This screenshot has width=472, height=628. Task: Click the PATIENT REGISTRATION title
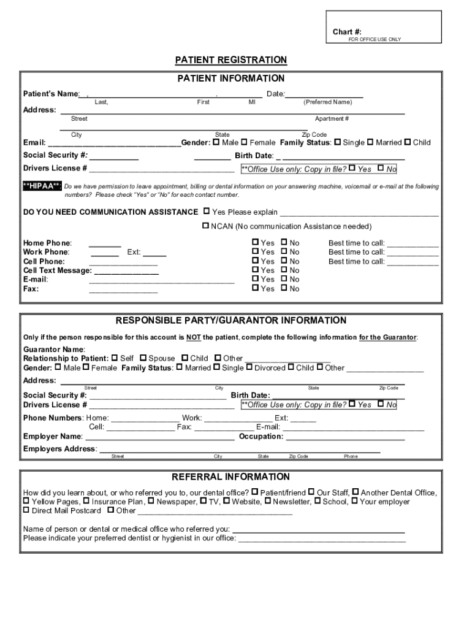(x=231, y=60)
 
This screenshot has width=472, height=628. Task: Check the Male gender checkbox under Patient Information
(x=216, y=142)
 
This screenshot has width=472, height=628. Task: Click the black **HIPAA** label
(x=42, y=186)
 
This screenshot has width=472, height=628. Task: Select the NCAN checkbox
(x=206, y=226)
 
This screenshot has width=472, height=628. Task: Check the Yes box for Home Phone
(x=256, y=243)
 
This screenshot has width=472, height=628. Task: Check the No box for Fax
(x=284, y=288)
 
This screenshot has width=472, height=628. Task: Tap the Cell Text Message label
(x=57, y=270)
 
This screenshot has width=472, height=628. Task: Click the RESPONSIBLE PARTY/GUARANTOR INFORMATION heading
(x=231, y=321)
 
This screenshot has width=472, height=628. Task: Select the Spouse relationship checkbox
(x=143, y=358)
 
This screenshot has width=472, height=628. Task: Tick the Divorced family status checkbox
(x=249, y=368)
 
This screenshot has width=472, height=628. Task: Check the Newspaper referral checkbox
(x=151, y=502)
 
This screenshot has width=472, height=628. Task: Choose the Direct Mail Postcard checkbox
(x=26, y=510)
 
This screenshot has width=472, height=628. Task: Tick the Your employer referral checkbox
(x=354, y=502)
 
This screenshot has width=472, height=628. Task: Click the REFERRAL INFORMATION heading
(x=230, y=477)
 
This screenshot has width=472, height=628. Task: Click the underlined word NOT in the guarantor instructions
(x=194, y=337)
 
